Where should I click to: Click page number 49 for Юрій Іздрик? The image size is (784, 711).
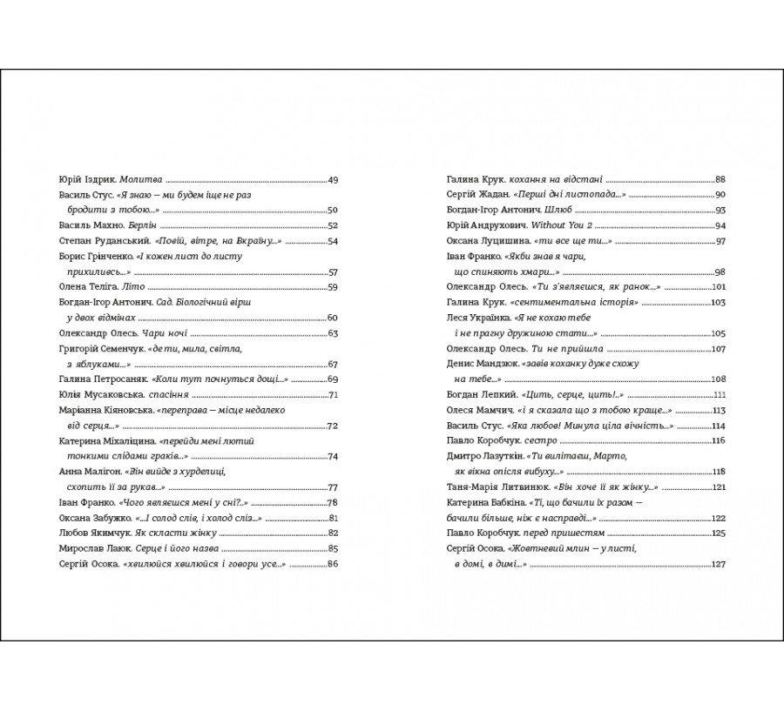click(x=332, y=179)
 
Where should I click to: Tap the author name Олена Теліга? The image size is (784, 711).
click(x=83, y=286)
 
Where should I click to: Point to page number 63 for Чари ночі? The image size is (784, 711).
click(x=332, y=333)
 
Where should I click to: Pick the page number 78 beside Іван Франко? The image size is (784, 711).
click(x=332, y=503)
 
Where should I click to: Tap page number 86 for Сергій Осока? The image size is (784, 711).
click(x=332, y=565)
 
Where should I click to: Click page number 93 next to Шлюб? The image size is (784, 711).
click(x=720, y=210)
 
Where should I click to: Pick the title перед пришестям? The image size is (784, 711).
click(x=558, y=533)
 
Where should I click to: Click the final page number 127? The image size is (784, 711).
click(x=719, y=565)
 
